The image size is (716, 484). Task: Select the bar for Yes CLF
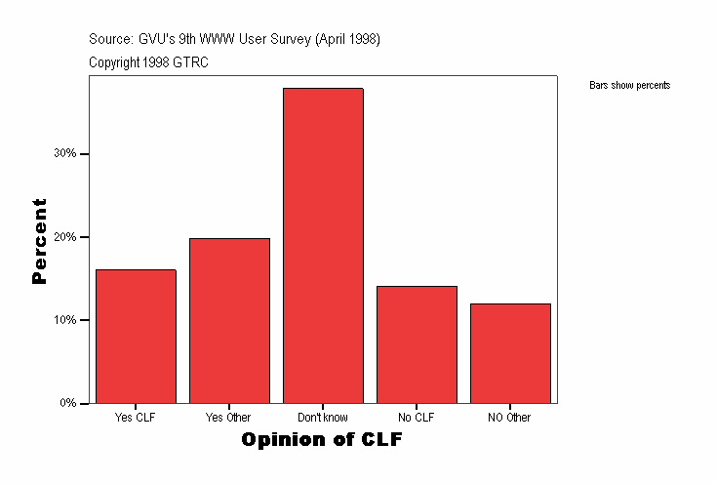136,337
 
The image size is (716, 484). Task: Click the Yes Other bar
229,321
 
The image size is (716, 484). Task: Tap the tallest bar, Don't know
323,246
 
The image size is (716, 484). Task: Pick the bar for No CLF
417,344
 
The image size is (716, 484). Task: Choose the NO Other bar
510,353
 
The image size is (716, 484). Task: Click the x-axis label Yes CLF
135,418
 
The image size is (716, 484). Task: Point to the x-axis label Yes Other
228,418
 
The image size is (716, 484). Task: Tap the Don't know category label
322,418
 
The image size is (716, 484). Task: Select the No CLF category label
417,418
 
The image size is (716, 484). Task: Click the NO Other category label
510,418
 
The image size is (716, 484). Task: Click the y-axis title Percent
40,241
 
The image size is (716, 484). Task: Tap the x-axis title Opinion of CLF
322,440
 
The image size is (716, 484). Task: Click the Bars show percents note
629,86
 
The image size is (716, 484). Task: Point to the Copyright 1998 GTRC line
148,62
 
